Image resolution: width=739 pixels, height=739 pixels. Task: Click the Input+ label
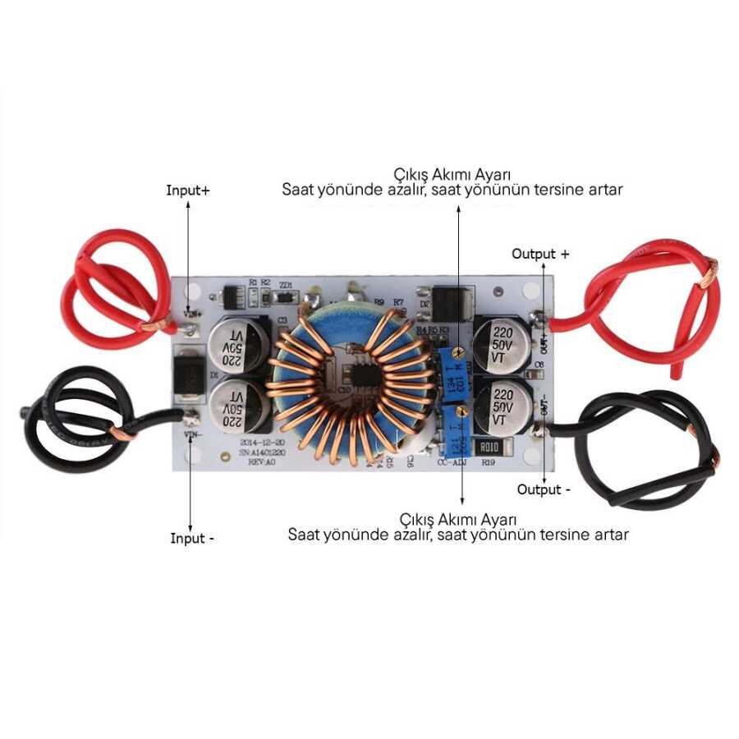pyautogui.click(x=188, y=190)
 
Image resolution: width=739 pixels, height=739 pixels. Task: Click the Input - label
pyautogui.click(x=192, y=539)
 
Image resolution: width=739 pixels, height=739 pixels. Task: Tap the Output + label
pyautogui.click(x=540, y=254)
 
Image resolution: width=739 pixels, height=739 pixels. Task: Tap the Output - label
pyautogui.click(x=544, y=489)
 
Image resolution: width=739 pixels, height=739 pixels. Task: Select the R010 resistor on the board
pyautogui.click(x=490, y=447)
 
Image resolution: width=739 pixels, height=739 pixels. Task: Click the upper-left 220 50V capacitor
pyautogui.click(x=236, y=345)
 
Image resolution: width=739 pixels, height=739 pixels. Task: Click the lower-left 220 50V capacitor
pyautogui.click(x=236, y=406)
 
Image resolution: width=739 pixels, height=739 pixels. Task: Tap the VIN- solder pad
pyautogui.click(x=192, y=417)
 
